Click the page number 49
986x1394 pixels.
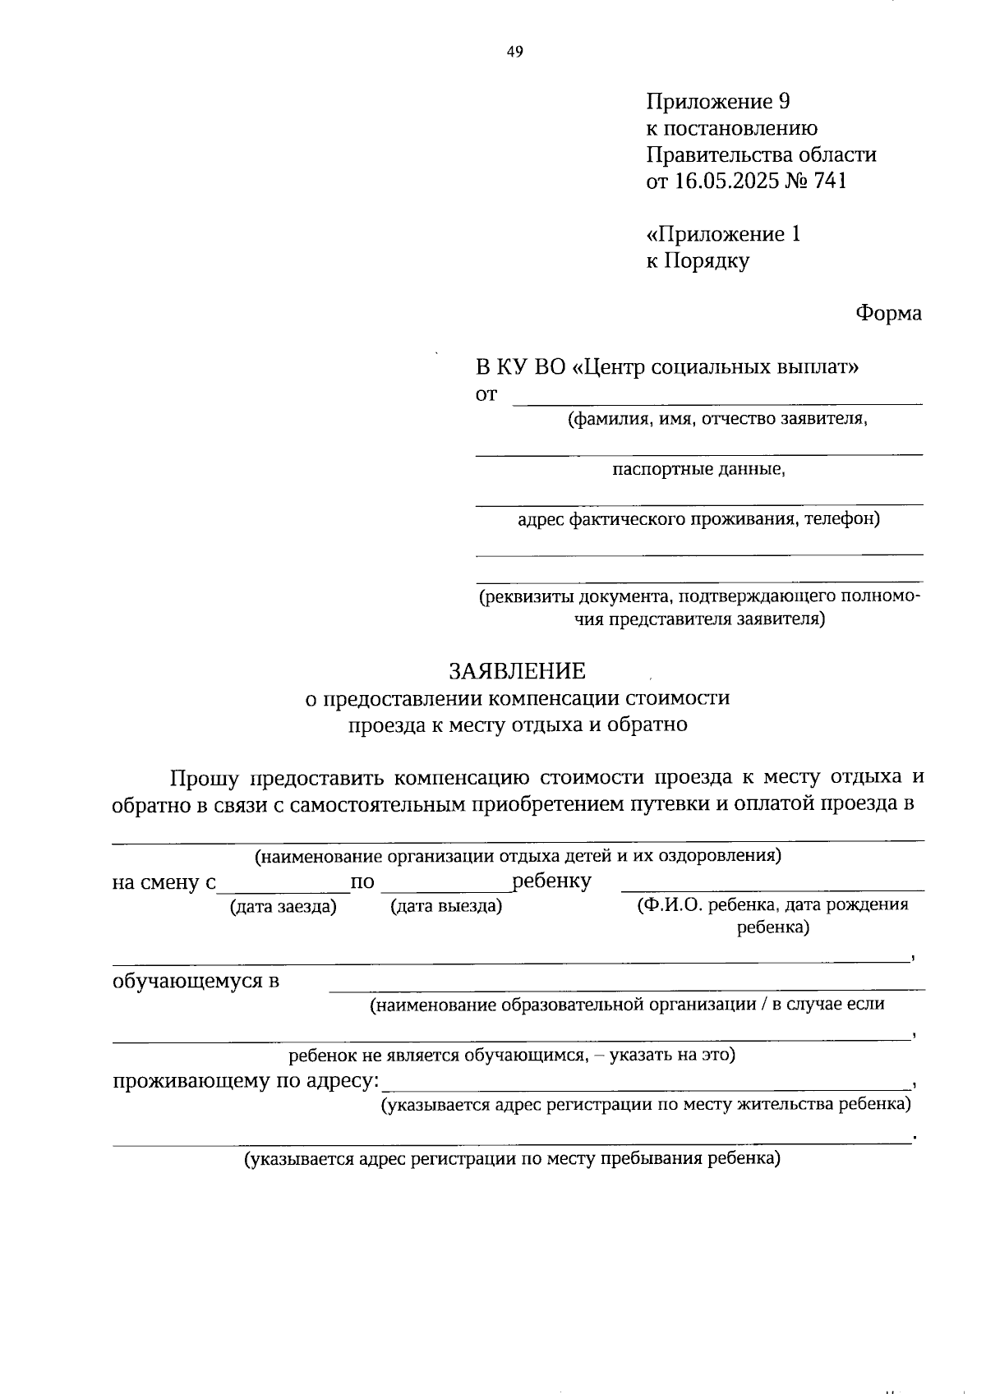tap(514, 53)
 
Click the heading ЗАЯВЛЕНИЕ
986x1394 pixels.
tap(517, 671)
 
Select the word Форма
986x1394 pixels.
tap(888, 313)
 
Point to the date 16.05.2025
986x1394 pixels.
tap(725, 181)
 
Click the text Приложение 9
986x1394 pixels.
tap(717, 102)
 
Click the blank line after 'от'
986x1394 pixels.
tap(716, 397)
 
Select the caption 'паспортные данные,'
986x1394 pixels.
tap(698, 470)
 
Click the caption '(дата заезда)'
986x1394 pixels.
tap(283, 906)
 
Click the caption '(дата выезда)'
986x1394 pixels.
tap(446, 906)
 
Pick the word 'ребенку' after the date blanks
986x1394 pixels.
tap(551, 881)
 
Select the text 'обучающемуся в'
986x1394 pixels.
tap(196, 981)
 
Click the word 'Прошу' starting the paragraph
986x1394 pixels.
tap(205, 777)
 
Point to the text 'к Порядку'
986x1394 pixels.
tap(698, 261)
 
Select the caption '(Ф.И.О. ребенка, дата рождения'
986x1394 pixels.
tap(772, 905)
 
